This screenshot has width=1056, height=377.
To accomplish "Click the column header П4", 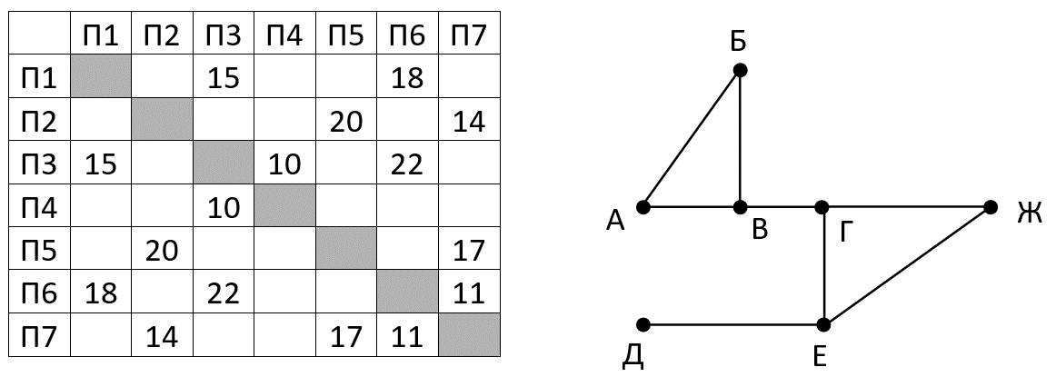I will (284, 36).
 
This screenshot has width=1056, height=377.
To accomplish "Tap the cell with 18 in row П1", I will (407, 78).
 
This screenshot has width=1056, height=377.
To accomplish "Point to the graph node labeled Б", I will (740, 70).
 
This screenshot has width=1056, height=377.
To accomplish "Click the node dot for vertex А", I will (643, 207).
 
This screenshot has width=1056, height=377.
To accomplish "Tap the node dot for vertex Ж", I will (991, 208).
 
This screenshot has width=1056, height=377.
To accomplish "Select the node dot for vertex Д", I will (643, 324).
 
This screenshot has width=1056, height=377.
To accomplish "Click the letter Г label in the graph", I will (846, 233).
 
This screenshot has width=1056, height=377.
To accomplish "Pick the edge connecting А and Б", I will (692, 138).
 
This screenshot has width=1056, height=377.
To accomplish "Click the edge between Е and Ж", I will (907, 266).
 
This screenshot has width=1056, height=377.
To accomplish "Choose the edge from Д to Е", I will (733, 324).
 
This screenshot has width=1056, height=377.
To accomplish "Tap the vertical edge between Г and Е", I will (823, 265).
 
